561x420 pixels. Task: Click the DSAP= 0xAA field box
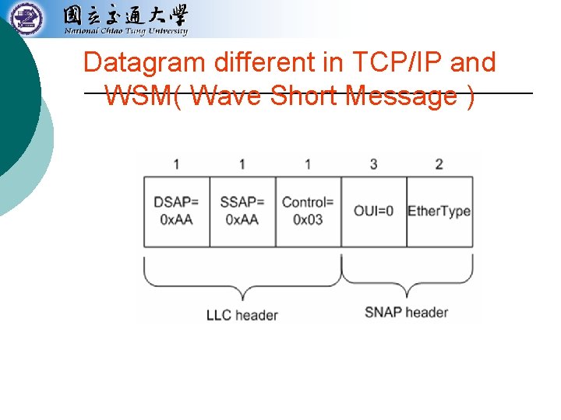pos(177,212)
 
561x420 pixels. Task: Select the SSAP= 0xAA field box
pos(242,212)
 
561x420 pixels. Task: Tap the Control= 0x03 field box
pos(309,212)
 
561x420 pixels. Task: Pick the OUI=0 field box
pos(374,212)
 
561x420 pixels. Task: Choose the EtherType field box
pos(439,212)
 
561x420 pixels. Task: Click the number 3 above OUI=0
pos(374,164)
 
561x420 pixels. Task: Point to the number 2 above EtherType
pos(439,164)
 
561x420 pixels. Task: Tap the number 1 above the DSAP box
pos(177,164)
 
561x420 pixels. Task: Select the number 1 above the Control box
pos(308,164)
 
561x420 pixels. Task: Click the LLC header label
pos(242,315)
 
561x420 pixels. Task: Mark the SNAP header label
pos(406,312)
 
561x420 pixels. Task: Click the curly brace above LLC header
pos(242,280)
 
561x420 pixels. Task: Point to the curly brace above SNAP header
pos(408,278)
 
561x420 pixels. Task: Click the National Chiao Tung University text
pos(125,32)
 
